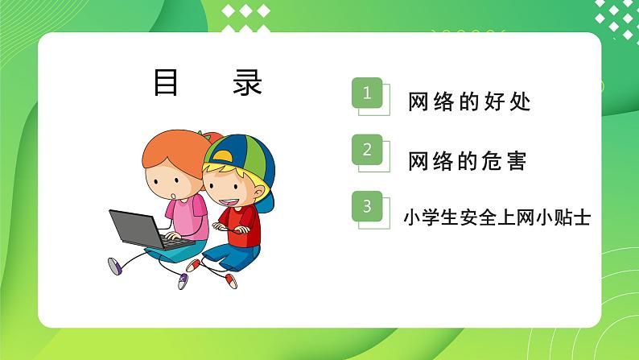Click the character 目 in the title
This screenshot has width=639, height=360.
coord(166,81)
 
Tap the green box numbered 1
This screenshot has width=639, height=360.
coord(368,93)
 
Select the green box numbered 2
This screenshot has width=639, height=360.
coord(368,150)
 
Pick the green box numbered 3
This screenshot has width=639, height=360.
coord(368,207)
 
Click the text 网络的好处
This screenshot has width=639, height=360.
coord(469,102)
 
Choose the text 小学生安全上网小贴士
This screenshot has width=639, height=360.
coord(497,217)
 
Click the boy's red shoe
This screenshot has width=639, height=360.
coord(231,279)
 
